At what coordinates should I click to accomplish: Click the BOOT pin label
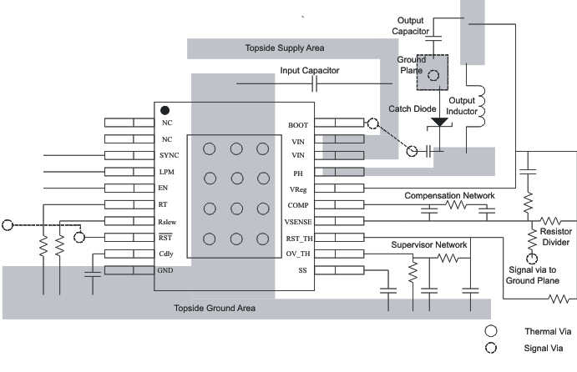point(298,124)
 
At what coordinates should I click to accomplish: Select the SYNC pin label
point(170,156)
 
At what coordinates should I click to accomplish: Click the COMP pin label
point(299,205)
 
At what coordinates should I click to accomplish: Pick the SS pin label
point(302,271)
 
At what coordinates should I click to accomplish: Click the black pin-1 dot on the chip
point(165,109)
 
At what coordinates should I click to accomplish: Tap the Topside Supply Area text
point(285,48)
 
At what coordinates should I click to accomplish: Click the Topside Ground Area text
point(215,309)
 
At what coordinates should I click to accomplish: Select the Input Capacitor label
point(309,72)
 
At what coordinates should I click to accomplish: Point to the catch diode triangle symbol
point(439,123)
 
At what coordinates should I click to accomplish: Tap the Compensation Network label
point(449,195)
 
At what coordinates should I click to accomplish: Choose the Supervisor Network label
point(429,245)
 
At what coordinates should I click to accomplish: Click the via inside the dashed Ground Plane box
point(434,75)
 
